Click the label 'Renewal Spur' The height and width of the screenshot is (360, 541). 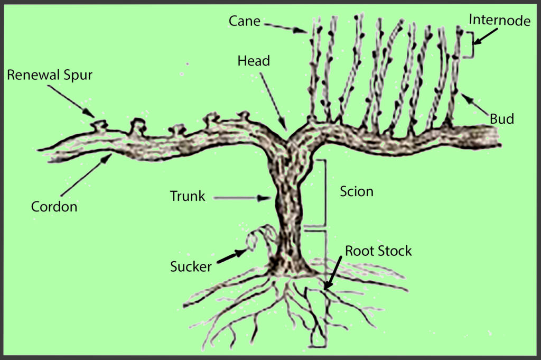pyautogui.click(x=50, y=75)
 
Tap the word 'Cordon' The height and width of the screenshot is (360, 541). pyautogui.click(x=54, y=207)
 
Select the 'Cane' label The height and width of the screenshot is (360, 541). pyautogui.click(x=244, y=21)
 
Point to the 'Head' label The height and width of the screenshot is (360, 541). pyautogui.click(x=254, y=61)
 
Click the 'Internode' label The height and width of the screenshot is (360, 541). pyautogui.click(x=500, y=21)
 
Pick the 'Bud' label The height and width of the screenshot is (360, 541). pyautogui.click(x=502, y=119)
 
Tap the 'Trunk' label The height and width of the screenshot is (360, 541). pyautogui.click(x=188, y=196)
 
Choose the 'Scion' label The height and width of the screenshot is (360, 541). pyautogui.click(x=357, y=191)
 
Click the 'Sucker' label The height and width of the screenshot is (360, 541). pyautogui.click(x=191, y=266)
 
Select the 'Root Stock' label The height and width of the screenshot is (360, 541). pyautogui.click(x=378, y=251)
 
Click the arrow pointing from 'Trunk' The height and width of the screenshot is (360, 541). pyautogui.click(x=241, y=198)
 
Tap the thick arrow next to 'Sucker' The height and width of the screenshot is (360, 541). pyautogui.click(x=232, y=256)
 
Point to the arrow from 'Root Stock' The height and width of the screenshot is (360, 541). pyautogui.click(x=333, y=273)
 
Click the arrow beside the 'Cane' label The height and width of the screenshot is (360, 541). pyautogui.click(x=285, y=28)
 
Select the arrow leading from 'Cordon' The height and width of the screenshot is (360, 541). pyautogui.click(x=87, y=175)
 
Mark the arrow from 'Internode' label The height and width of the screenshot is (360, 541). pyautogui.click(x=485, y=36)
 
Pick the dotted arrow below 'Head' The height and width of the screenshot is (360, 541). pyautogui.click(x=273, y=101)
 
